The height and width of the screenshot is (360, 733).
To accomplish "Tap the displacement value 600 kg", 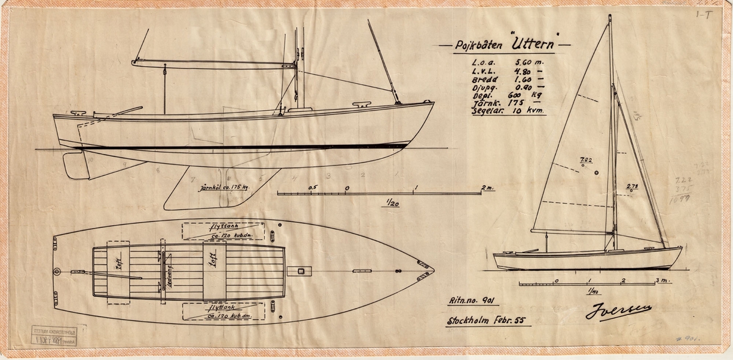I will (525, 96).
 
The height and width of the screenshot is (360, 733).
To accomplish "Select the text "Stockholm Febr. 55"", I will (489, 321).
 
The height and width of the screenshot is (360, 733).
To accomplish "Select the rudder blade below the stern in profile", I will (76, 166).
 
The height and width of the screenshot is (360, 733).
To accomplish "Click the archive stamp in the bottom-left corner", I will (49, 334).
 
